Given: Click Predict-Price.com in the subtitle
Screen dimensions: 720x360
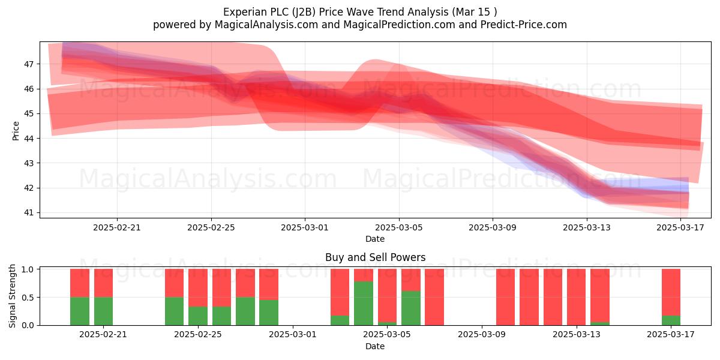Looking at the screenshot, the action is tap(524, 25).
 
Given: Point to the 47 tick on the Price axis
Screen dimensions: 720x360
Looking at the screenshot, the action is tap(29, 64).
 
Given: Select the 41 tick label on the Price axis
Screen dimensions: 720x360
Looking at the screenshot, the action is tap(29, 212).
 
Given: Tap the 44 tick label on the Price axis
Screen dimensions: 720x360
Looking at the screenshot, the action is tap(29, 138).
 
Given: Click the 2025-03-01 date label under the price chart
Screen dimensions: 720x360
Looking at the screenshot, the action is tap(305, 227).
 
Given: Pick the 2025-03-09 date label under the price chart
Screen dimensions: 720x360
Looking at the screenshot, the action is tap(493, 227).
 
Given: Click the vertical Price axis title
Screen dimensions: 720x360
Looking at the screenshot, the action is tap(16, 131).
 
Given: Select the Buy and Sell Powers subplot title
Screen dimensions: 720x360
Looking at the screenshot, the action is tap(375, 257).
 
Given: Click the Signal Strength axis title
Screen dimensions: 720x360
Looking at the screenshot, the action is tap(12, 296).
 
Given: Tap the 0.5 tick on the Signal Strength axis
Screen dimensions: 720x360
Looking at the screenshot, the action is tap(28, 298).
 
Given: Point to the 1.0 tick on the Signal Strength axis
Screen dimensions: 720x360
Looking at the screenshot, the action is tap(28, 269).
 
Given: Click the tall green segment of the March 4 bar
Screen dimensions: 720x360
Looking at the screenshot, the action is tap(364, 303).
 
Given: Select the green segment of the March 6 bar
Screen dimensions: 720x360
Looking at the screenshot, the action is tap(411, 308).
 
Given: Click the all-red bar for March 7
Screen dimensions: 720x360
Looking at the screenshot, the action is tap(434, 297).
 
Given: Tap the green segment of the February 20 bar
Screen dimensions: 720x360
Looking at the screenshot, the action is tap(80, 311).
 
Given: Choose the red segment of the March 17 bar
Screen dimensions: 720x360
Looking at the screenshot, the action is tap(671, 293).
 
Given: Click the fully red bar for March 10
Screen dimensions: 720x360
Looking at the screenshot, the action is tap(505, 297).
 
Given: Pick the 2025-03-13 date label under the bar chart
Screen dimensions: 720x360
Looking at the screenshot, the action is tap(577, 335).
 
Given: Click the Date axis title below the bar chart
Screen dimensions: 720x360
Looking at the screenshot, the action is tap(375, 346).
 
